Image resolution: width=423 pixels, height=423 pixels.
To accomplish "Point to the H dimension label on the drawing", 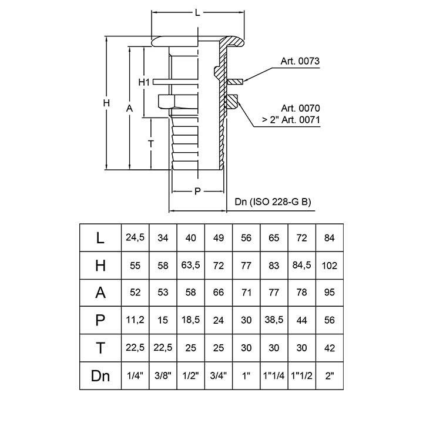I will [x=106, y=103].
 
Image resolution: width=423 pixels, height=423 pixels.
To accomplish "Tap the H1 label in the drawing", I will [x=145, y=82].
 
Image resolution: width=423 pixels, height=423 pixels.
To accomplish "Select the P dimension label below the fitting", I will [x=197, y=191].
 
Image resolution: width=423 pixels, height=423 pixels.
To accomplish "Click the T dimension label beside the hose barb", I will [x=151, y=143].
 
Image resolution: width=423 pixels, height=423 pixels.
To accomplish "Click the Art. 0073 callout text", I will [x=300, y=61].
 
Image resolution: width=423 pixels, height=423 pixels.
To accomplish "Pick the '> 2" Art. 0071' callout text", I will [x=290, y=120].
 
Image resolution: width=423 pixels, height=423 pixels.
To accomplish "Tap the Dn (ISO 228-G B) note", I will [x=273, y=202].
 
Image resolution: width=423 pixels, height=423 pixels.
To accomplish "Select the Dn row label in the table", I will [x=100, y=376].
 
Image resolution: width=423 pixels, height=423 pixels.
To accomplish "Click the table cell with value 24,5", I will [x=135, y=238].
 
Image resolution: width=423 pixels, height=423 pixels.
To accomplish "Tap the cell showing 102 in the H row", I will [x=330, y=266].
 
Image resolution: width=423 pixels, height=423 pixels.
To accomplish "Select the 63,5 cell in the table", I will [x=190, y=266].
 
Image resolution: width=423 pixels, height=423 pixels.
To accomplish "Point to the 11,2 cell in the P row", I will [x=135, y=321].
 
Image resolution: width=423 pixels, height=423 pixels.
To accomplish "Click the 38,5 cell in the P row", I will [x=274, y=321].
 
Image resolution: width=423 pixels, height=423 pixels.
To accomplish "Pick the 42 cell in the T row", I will [x=330, y=348].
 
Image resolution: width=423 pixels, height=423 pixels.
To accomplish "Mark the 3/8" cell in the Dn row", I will [x=163, y=376].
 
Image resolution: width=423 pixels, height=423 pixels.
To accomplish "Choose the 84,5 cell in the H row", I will [x=301, y=266].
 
